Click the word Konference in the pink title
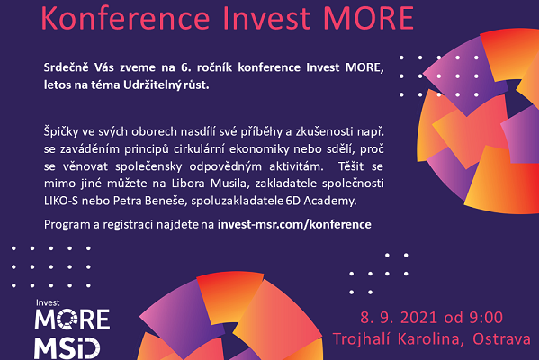pos(125,17)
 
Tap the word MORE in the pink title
pos(369,17)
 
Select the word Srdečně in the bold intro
pos(66,67)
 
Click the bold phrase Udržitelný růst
pos(166,85)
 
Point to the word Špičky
pos(61,132)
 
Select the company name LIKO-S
pos(61,201)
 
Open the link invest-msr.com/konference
pos(294,224)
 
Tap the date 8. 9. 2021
pos(400,318)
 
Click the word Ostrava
pos(501,339)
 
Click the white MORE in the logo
pos(72,319)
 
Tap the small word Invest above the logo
pos(48,303)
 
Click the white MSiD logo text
pos(67,348)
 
